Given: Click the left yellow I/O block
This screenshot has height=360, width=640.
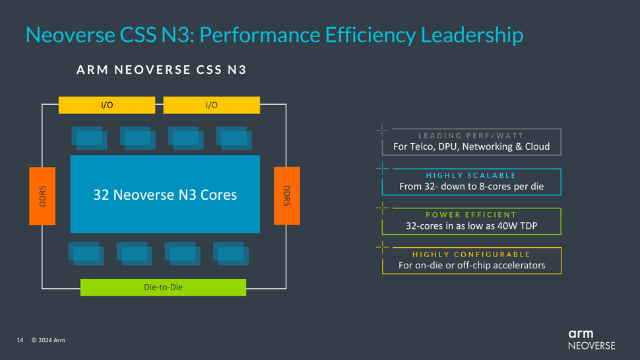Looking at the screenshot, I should coord(106,105).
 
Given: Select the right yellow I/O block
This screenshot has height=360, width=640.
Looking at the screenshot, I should coord(211,105).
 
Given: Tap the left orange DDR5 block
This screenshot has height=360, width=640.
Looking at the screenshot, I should coord(42,196).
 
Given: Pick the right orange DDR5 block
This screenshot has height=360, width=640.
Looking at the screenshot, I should coord(287,196).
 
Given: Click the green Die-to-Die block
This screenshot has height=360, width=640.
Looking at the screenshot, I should coord(163,287).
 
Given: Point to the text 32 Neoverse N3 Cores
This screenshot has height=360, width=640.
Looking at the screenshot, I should coord(164,195).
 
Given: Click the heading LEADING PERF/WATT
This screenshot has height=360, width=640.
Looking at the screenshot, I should coord(471,136).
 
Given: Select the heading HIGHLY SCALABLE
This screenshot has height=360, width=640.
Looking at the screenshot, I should coord(471,175).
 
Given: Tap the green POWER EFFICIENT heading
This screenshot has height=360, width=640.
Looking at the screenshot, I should coord(471,215).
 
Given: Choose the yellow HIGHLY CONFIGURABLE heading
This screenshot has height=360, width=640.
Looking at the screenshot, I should coord(471,255).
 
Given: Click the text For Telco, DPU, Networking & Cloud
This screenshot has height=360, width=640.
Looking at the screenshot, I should coord(471,146).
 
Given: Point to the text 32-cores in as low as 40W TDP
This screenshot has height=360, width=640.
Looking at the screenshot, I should coord(471,226).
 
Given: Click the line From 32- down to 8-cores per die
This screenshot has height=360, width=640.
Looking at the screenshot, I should coord(471,187).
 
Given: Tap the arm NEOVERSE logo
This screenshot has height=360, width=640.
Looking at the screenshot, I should coord(591,339).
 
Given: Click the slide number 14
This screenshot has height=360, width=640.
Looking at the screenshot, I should coord(20,340).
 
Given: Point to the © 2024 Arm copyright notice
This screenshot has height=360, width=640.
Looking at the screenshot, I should coord(48,340).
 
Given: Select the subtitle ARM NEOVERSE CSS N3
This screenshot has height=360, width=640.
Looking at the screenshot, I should coord(162,69).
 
